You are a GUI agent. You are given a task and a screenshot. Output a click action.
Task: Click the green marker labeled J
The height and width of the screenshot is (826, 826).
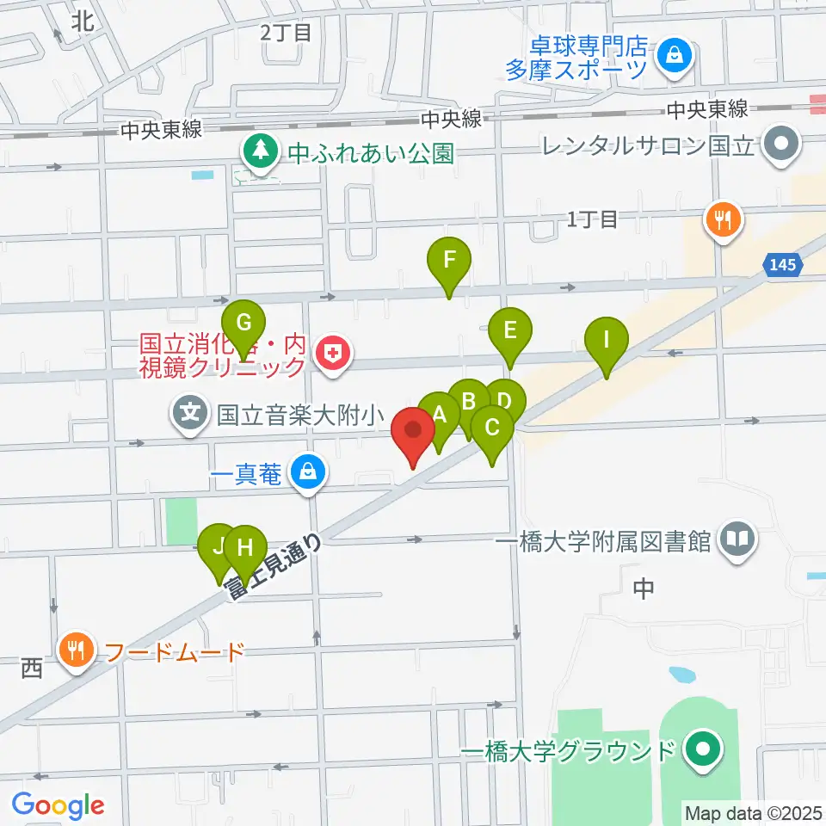click(218, 546)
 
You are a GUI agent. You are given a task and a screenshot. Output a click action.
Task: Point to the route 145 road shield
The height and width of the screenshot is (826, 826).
click(783, 266)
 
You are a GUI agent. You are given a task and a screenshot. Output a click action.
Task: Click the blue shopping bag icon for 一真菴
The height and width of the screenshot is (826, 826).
click(305, 472)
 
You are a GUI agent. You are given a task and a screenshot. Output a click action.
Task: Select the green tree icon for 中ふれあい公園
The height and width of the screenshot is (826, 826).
click(258, 152)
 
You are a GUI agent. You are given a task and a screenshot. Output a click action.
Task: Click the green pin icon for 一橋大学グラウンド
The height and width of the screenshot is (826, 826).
click(703, 750)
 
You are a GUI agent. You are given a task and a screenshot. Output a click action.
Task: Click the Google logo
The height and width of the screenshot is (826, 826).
click(59, 805)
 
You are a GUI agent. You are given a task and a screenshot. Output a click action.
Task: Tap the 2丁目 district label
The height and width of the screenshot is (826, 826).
click(285, 34)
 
